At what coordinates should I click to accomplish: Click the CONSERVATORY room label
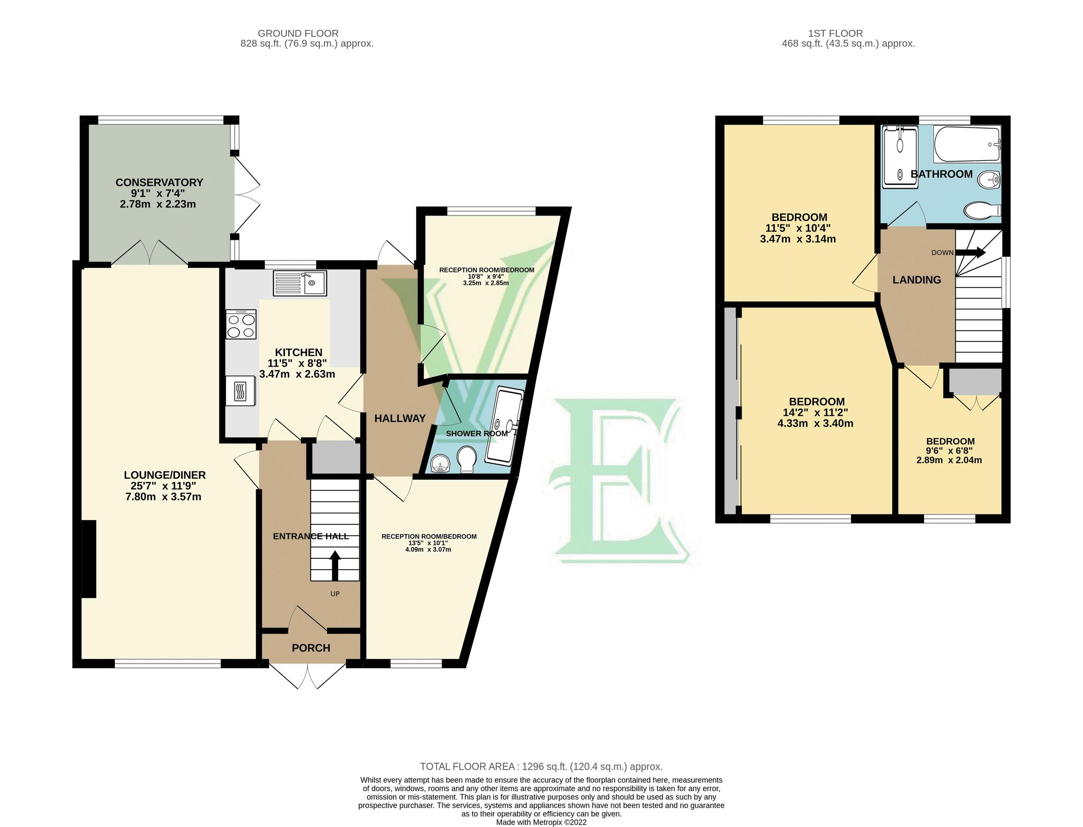coord(159,182)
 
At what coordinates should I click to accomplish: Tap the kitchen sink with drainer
coord(299,283)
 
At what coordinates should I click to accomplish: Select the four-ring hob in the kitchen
coord(241,324)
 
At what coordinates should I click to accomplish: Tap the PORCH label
coord(311,648)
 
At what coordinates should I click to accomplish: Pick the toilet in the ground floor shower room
coord(466,459)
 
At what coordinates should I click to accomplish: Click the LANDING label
coord(917,280)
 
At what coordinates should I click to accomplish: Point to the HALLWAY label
coord(400,419)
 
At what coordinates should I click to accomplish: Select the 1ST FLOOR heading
coord(835,34)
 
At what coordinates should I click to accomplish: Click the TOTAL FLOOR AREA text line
coord(541,766)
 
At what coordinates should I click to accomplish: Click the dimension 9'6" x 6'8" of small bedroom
coord(950,450)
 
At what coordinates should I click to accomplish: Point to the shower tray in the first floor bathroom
coord(900,157)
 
